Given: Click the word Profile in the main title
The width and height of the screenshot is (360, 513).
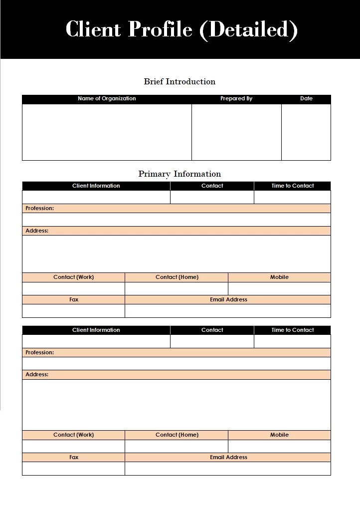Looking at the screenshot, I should point(160,29).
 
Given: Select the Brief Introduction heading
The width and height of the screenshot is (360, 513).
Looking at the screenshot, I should point(180,81).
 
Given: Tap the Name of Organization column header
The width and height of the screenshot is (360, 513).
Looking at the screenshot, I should point(107,99).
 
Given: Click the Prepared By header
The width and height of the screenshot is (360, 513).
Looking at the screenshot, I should point(236,99).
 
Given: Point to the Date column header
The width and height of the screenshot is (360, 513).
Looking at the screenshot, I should point(306,99).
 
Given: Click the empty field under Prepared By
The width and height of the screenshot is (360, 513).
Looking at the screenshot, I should point(236,132).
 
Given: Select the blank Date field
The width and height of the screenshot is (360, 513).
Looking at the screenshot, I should point(306,132).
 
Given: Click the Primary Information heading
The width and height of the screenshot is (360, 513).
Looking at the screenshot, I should point(180,174).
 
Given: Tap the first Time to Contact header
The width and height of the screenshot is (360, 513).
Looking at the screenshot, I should point(292,186).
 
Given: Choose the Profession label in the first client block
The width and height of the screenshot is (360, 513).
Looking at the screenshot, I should point(40,208).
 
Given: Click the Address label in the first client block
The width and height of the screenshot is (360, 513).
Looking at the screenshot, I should point(37,231).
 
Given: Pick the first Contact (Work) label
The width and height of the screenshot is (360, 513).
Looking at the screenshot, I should point(73,277).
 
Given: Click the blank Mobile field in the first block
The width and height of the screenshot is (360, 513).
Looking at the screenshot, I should point(279,288).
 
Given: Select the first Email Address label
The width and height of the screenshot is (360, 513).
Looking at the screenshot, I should point(228,299).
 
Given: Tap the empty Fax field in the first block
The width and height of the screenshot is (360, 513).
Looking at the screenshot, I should point(73,311).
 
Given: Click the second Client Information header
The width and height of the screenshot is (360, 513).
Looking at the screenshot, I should point(96,330).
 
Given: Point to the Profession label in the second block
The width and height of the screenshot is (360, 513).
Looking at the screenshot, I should point(40,352).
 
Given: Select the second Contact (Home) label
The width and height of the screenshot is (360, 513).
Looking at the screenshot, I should point(177,435).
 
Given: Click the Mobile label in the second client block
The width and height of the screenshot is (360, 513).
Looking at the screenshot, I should point(279,435).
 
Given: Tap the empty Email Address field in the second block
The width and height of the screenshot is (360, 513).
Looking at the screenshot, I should point(228,469).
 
